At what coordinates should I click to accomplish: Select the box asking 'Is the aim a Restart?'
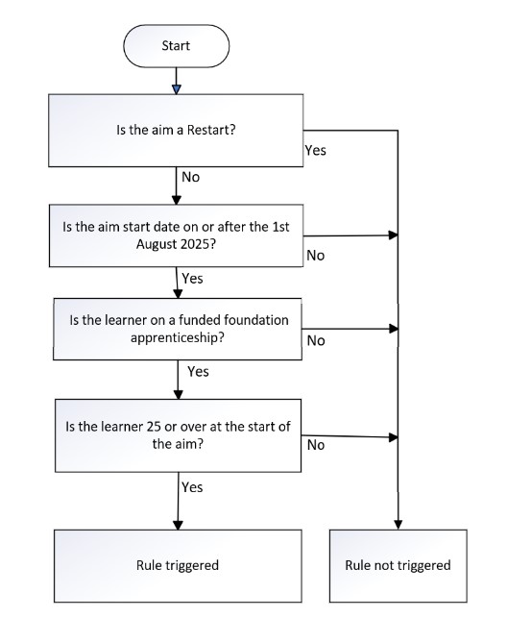tap(177, 130)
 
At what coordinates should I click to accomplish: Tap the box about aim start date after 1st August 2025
tap(177, 235)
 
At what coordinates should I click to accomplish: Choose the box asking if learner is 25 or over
tap(177, 435)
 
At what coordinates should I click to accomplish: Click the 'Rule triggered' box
tap(177, 565)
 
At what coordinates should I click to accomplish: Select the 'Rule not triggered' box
tap(398, 565)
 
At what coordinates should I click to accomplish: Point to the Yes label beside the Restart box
tap(315, 151)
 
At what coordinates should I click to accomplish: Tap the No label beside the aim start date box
tap(314, 257)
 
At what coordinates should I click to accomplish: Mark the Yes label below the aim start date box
tap(192, 279)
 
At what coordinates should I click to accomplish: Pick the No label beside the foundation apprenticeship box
tap(314, 340)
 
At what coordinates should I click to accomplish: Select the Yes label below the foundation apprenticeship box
tap(199, 370)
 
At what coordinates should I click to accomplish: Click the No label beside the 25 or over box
tap(314, 445)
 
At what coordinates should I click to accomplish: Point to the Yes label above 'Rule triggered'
tap(192, 487)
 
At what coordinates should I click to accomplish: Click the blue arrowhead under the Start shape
tap(177, 90)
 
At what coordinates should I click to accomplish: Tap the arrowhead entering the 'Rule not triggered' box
tap(398, 523)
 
